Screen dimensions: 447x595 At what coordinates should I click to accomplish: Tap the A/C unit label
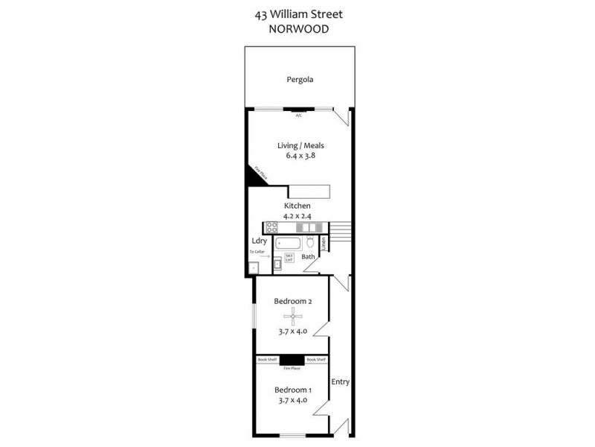tap(298, 115)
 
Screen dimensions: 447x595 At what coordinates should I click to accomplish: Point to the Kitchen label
tap(297, 205)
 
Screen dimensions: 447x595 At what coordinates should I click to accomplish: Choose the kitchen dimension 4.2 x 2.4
tap(297, 216)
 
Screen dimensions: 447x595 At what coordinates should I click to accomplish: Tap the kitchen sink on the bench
tap(312, 228)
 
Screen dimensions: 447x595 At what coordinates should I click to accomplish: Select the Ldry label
tap(259, 241)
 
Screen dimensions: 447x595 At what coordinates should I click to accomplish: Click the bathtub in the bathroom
tap(290, 243)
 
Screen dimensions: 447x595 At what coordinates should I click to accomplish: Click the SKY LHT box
tap(289, 258)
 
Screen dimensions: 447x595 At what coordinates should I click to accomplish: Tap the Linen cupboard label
tap(324, 243)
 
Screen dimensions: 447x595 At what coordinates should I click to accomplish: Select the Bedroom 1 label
tap(292, 390)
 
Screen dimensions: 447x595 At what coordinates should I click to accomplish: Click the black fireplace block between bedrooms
tap(292, 359)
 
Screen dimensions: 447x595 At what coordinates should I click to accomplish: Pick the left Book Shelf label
tap(267, 360)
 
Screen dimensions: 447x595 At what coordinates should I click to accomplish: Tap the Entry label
tap(341, 381)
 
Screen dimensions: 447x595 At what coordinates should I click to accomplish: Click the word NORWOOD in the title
tap(298, 30)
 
